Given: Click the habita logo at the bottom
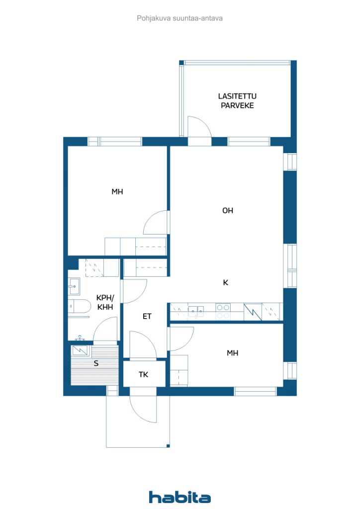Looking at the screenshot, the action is (x=180, y=497).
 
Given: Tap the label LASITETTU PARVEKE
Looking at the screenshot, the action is (x=237, y=100).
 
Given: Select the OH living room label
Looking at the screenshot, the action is (x=228, y=211).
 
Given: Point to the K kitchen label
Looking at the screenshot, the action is (x=226, y=283).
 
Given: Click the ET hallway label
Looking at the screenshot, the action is (x=147, y=316).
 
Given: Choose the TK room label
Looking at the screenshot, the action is (x=144, y=375).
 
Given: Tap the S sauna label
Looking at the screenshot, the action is (x=96, y=363).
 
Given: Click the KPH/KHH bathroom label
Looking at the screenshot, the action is (x=105, y=302).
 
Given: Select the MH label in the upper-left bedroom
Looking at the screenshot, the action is (x=117, y=192).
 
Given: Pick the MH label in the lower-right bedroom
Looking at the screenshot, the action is (x=232, y=353).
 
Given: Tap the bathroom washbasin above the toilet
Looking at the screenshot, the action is (x=74, y=286).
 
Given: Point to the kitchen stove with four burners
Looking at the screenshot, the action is (x=223, y=312).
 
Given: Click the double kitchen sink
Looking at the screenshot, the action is (x=196, y=311).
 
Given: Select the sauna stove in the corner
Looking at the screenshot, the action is (x=80, y=350).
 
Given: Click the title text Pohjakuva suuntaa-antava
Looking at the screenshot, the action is (x=180, y=18).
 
